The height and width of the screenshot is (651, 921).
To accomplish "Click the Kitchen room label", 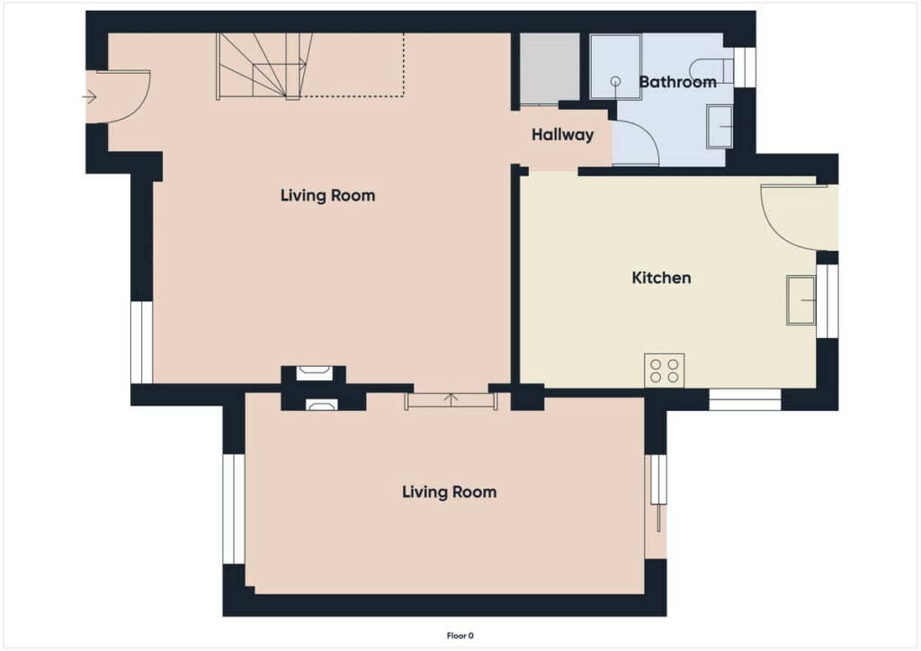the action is (x=661, y=278).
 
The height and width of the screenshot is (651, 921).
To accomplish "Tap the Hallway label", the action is (x=562, y=135).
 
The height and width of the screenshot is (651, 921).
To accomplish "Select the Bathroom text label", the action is (x=677, y=82).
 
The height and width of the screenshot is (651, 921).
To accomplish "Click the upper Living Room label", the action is (x=327, y=195).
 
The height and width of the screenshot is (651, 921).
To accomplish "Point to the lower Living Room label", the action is (x=450, y=492).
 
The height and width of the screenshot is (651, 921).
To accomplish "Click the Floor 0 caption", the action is (x=460, y=636).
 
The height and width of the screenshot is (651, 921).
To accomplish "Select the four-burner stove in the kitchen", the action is (x=665, y=370).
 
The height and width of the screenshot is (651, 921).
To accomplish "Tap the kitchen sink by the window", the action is (x=801, y=300).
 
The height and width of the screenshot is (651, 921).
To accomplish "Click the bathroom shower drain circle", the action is (x=615, y=82).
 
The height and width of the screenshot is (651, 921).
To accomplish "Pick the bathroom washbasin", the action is (x=720, y=126).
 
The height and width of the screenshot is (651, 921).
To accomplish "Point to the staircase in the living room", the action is (x=264, y=66).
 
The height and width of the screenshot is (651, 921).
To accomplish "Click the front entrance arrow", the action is (x=89, y=96).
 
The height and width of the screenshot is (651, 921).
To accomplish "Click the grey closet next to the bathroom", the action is (x=550, y=68).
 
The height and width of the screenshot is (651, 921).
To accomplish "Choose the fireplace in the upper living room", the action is (x=314, y=373).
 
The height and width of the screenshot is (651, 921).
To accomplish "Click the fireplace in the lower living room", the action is (x=322, y=404).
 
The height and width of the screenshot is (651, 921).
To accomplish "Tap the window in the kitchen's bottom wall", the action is (x=745, y=399).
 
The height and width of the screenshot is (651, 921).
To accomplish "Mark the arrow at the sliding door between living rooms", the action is (x=452, y=399).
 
